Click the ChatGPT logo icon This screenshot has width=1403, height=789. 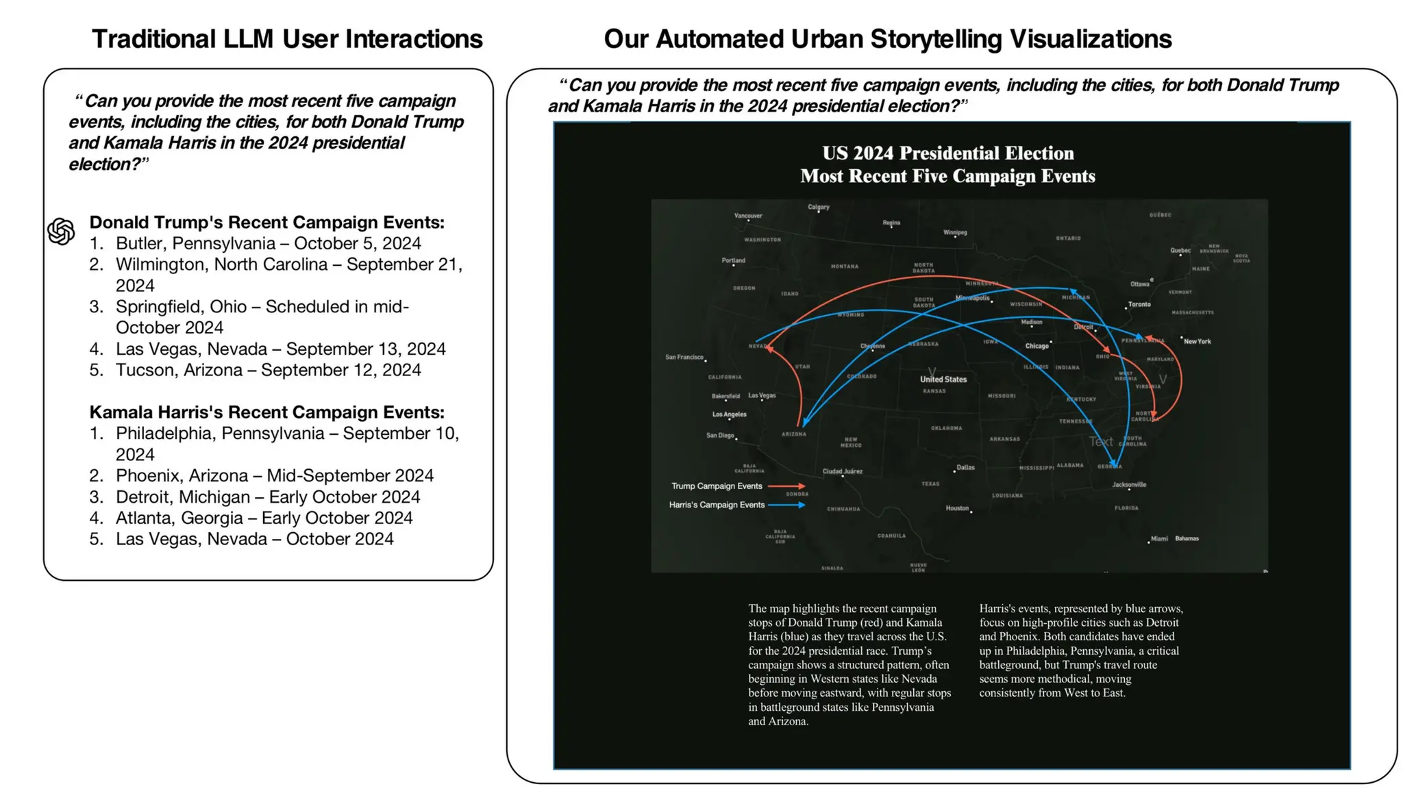click(61, 231)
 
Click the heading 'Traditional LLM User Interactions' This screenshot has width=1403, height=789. click(287, 39)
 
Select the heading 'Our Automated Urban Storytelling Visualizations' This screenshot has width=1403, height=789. click(887, 39)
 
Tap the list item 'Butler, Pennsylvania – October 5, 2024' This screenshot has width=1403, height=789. click(268, 243)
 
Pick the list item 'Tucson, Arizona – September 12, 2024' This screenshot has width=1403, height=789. click(268, 370)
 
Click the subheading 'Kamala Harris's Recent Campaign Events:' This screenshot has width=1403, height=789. click(266, 412)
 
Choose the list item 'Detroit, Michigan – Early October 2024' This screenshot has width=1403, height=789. click(267, 497)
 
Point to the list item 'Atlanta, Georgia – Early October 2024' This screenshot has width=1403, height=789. click(264, 518)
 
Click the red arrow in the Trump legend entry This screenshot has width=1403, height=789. click(786, 486)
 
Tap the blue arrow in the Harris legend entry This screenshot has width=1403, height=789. click(786, 505)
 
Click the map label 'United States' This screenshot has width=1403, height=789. click(943, 379)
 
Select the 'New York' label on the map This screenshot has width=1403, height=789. click(1197, 341)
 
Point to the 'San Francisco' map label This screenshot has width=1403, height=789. click(684, 357)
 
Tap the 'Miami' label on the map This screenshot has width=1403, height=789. click(1159, 538)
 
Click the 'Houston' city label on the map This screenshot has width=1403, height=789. click(957, 508)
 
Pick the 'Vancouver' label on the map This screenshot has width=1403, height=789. click(747, 216)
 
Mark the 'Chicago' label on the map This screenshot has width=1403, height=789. click(1036, 346)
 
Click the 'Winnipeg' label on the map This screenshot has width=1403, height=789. click(955, 232)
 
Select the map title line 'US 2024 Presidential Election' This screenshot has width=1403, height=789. click(947, 153)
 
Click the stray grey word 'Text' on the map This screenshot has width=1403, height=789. click(1101, 442)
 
